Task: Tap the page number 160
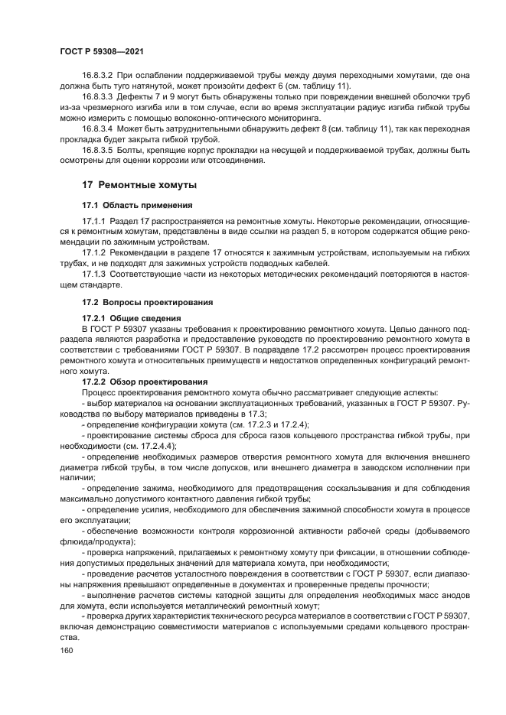pyautogui.click(x=68, y=649)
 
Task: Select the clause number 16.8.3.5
pyautogui.click(x=97, y=150)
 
